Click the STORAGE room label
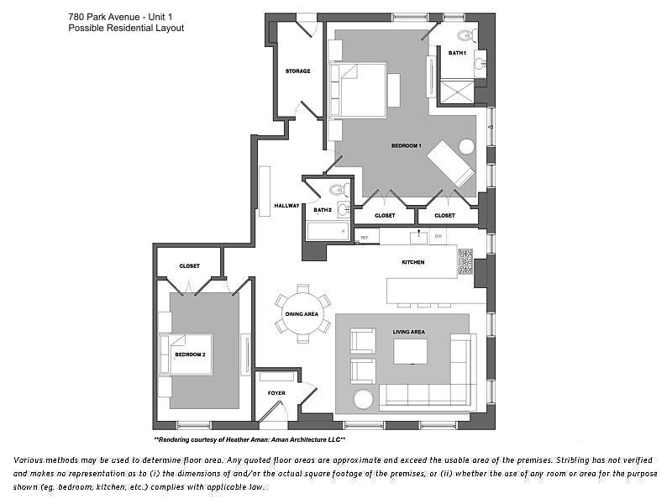pos(297,71)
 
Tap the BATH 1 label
pos(456,53)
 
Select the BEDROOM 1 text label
pos(406,146)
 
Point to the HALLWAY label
pos(286,206)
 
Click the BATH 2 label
pos(323,210)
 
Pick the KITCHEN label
pos(412,262)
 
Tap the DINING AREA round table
pos(302,313)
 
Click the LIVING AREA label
pos(409,332)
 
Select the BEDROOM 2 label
pos(190,354)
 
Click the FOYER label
pos(276,392)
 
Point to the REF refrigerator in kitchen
pos(365,238)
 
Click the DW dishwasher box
pos(438,237)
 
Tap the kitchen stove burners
pos(465,262)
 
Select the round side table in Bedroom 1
pos(466,145)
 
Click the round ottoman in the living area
pos(364,399)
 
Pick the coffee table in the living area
pos(410,351)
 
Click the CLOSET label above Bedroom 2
pos(189,266)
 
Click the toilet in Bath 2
pos(339,190)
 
